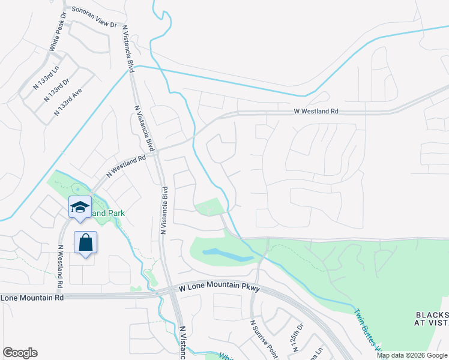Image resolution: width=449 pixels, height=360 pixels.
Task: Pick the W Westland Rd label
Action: point(316,112)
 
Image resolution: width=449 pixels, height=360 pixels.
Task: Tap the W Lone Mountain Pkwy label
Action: point(219,289)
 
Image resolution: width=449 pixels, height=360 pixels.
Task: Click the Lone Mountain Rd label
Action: point(32,298)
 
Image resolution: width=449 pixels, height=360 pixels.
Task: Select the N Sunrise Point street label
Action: point(262,339)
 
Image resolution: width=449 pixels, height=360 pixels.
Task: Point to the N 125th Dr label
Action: point(298,337)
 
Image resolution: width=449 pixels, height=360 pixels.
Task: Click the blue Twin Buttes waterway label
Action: point(367,328)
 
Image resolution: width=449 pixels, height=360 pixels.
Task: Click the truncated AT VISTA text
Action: point(433,323)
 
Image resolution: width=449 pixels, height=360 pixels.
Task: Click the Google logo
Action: point(20,353)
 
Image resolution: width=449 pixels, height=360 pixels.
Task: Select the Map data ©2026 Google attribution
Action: point(412,355)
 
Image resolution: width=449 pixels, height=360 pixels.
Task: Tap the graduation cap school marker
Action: point(80,207)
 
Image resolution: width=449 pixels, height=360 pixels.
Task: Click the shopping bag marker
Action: point(86,243)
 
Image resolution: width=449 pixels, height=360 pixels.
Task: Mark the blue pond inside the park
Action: point(228,254)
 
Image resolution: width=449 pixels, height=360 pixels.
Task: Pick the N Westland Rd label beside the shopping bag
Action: point(61,266)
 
